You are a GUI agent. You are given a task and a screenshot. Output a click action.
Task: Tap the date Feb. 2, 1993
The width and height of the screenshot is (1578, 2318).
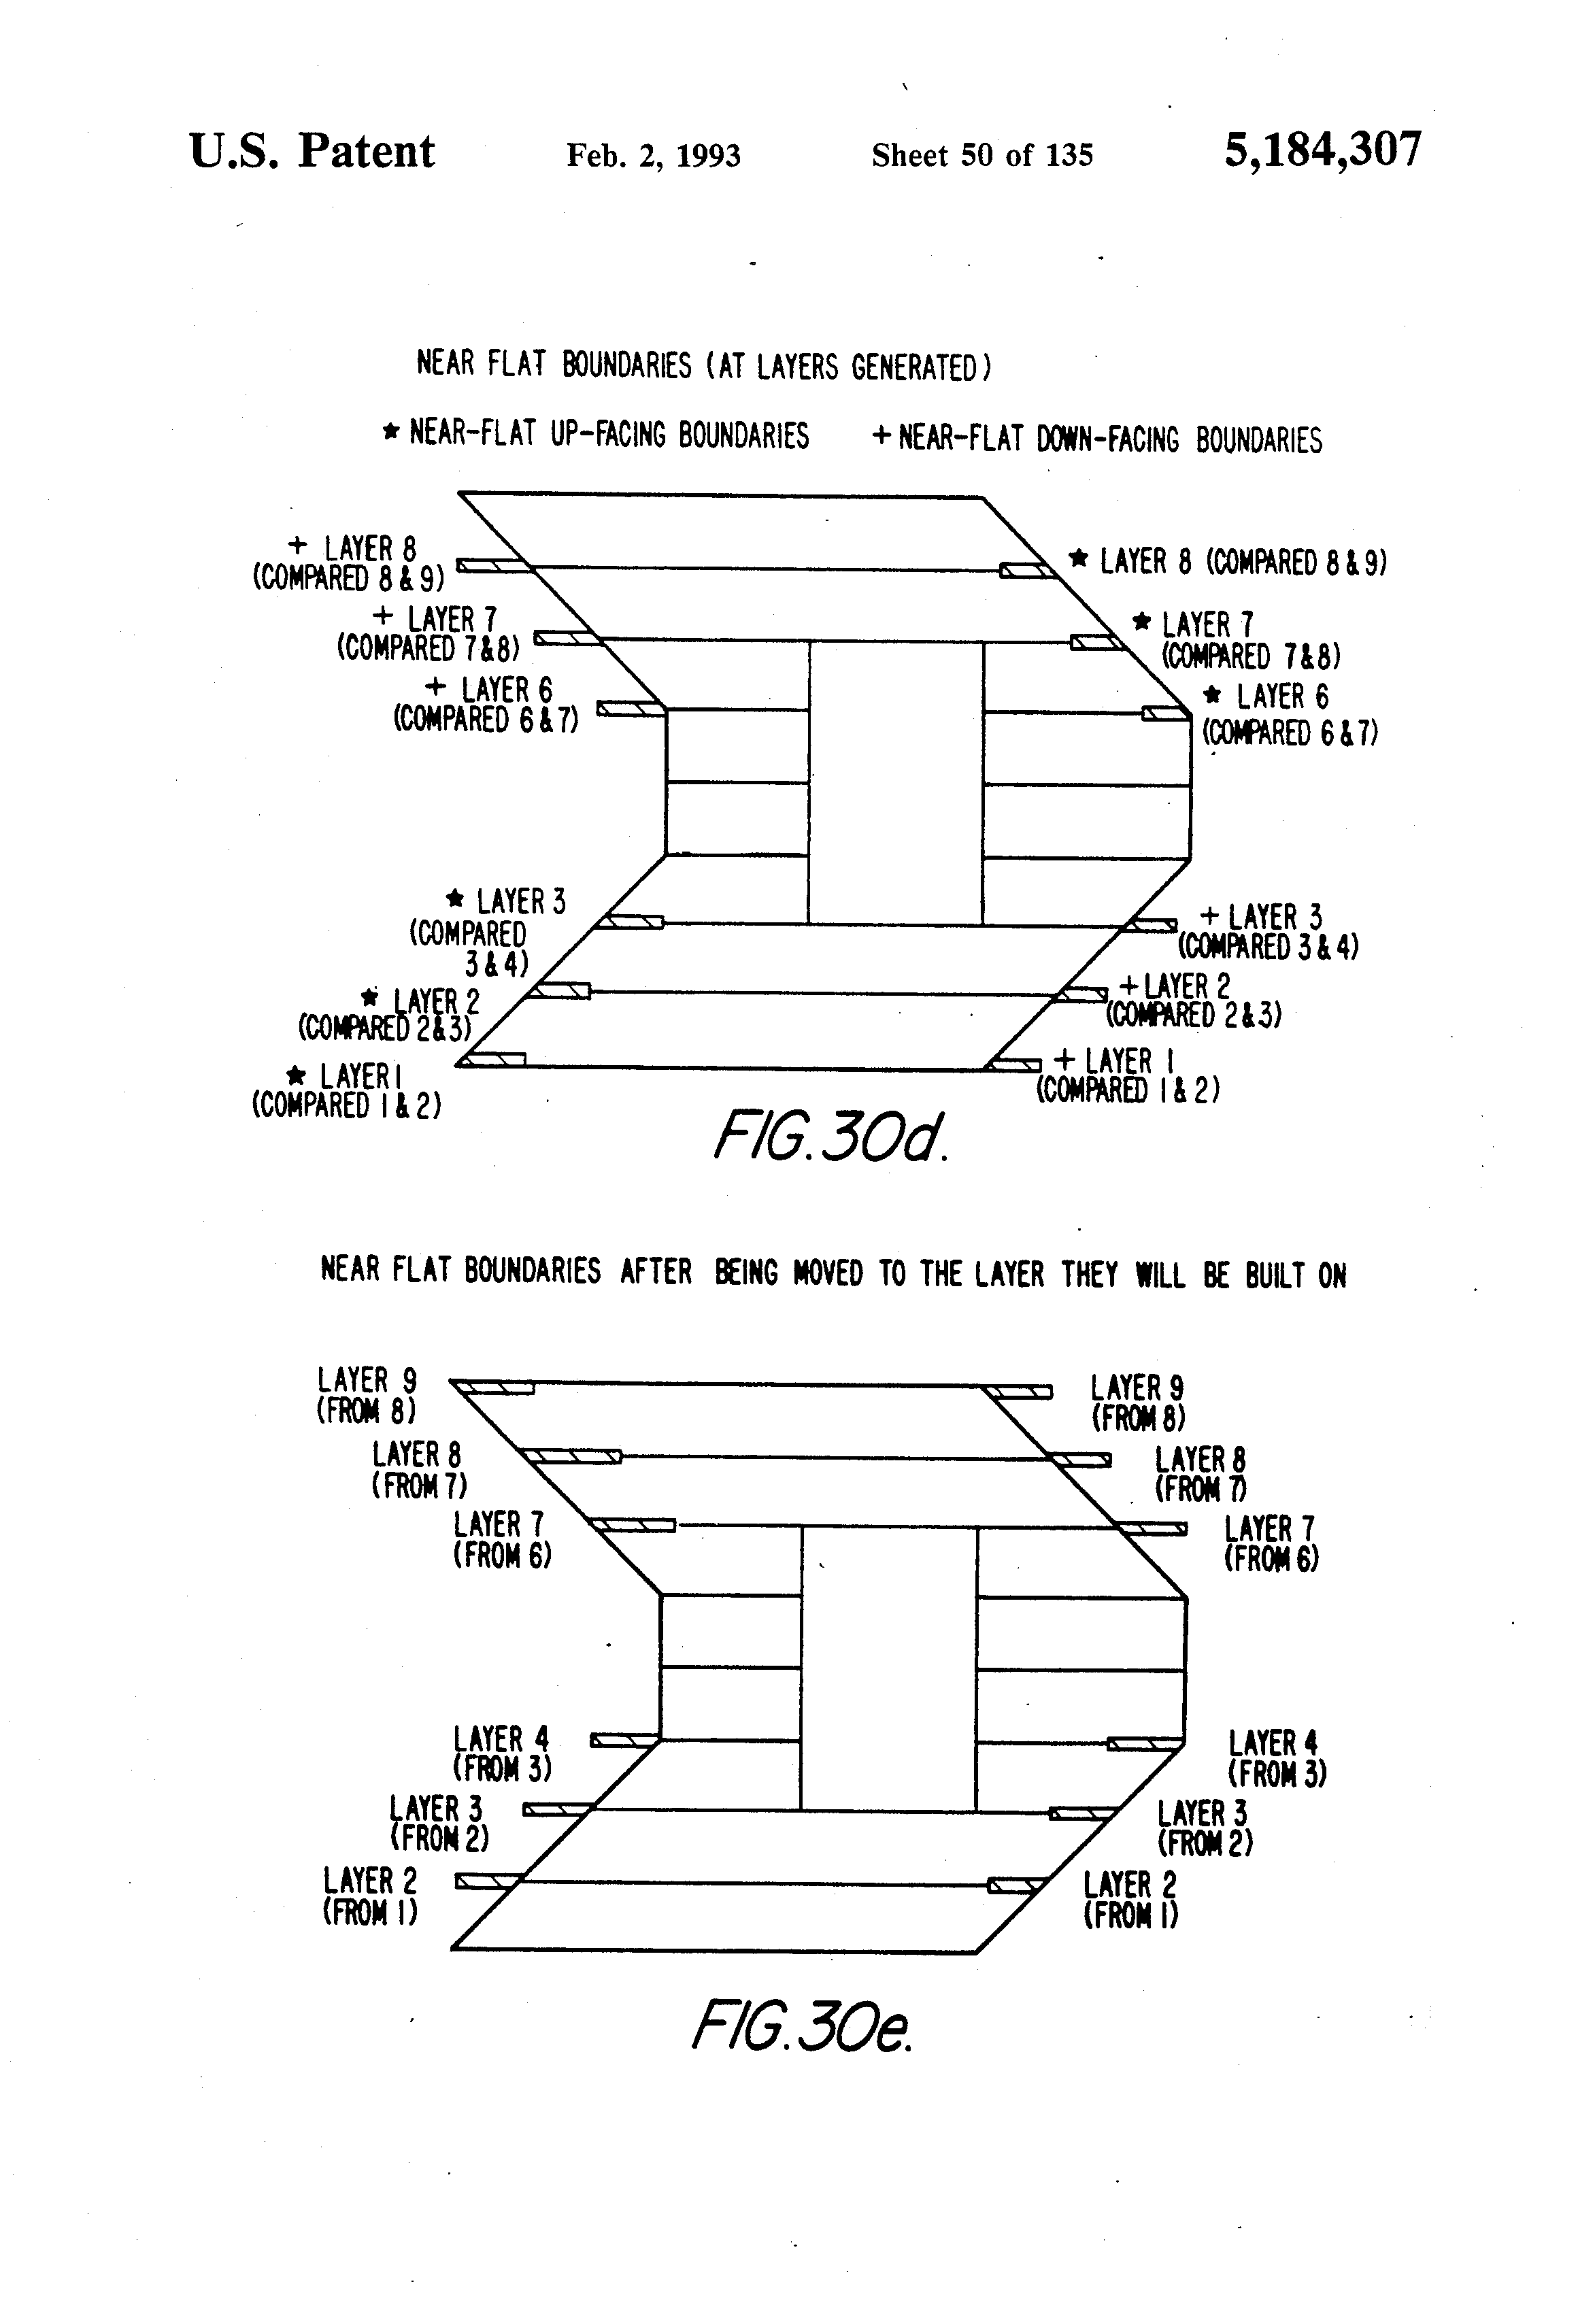tap(654, 156)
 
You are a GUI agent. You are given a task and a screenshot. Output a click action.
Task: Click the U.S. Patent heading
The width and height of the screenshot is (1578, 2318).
tap(312, 152)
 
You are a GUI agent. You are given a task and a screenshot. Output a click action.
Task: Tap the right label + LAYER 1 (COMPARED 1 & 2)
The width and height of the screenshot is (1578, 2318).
tap(1127, 1075)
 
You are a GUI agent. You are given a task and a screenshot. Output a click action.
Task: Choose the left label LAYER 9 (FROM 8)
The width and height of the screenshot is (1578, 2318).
tap(366, 1394)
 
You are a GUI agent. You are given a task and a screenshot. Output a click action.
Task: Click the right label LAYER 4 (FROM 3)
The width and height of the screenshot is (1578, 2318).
tap(1276, 1760)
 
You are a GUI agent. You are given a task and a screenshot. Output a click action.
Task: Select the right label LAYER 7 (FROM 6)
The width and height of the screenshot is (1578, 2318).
tap(1271, 1543)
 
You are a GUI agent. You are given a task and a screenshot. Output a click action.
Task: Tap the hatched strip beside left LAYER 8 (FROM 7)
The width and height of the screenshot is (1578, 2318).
tap(573, 1457)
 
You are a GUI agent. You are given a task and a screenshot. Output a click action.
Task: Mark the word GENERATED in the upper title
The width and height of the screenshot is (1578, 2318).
tap(916, 368)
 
